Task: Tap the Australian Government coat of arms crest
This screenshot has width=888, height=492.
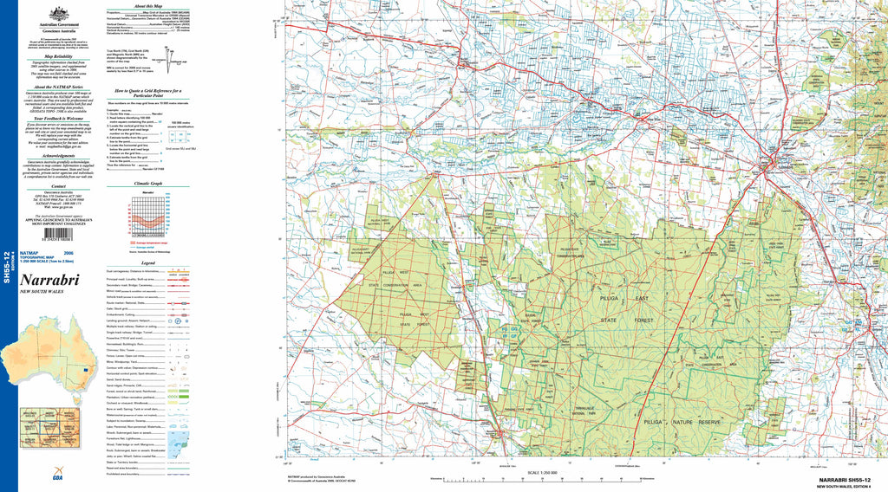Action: point(59,14)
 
